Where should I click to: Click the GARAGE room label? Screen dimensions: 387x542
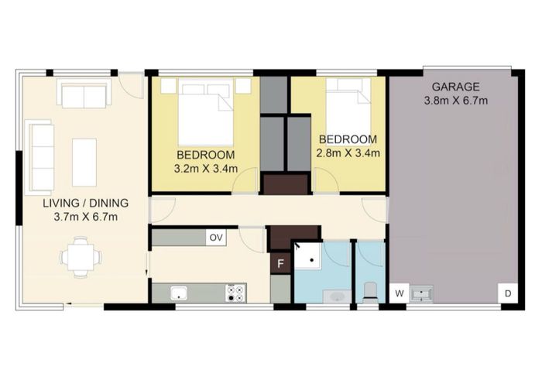point(456,87)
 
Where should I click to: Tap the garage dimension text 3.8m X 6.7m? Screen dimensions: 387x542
point(456,101)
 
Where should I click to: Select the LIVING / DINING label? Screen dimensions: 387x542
point(85,204)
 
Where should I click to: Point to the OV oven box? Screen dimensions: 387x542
point(216,238)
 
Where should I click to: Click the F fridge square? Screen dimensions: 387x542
point(280,263)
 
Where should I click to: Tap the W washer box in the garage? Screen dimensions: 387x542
point(400,293)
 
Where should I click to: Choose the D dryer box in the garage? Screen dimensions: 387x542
point(508,293)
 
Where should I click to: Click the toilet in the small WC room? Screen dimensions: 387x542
point(370,290)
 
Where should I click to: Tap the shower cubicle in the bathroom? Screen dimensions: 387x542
point(310,255)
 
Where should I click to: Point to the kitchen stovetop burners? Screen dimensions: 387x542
point(235,293)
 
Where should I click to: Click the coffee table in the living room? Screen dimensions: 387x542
point(84,151)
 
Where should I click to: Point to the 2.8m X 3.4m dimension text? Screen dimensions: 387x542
point(348,153)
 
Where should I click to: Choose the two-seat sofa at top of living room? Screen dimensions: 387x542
point(81,95)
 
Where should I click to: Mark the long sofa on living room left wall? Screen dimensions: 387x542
point(39,148)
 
